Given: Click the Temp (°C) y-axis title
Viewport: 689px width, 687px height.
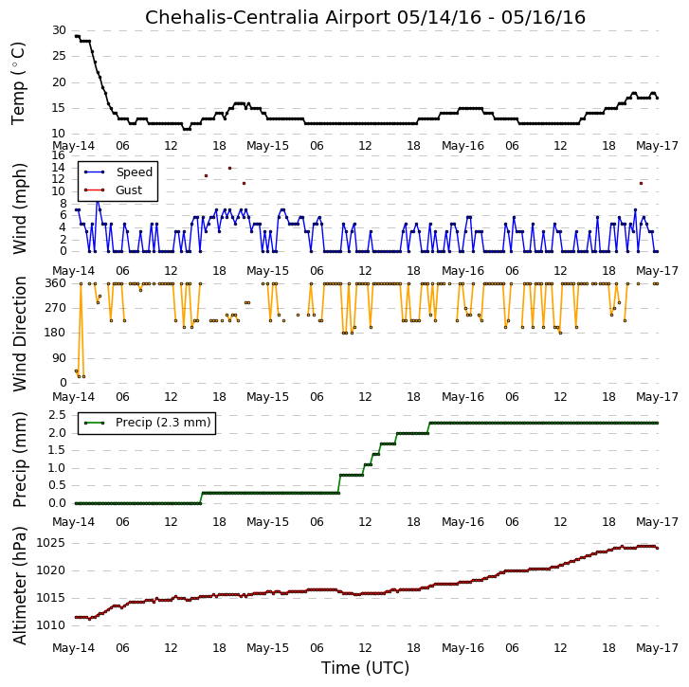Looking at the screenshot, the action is point(18,83).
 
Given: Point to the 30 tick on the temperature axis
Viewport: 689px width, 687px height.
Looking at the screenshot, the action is point(59,30).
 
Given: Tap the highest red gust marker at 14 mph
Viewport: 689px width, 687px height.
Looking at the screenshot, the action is point(229,169).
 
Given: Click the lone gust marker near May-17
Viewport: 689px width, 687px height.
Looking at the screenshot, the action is point(641,183).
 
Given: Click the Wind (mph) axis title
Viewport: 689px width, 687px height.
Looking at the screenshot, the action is point(19,208).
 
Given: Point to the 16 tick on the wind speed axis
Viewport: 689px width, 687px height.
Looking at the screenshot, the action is point(59,155).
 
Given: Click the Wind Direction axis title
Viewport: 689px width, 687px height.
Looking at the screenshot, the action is point(19,334).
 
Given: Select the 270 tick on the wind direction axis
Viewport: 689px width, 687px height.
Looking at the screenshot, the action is point(55,308).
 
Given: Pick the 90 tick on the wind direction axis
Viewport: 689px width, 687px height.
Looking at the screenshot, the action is point(59,358).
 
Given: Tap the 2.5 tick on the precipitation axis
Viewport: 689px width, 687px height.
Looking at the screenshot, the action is point(58,415).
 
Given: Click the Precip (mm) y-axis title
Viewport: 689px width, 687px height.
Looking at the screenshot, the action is point(19,460).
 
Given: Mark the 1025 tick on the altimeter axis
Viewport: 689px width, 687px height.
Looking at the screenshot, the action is point(50,543).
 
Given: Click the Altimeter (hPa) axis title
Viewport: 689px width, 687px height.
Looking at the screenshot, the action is point(19,586).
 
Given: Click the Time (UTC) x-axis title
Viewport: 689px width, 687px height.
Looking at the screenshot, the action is point(365,668).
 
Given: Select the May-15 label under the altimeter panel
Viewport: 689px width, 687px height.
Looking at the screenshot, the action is point(267,648).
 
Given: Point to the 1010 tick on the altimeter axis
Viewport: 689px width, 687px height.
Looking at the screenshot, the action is point(50,625).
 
